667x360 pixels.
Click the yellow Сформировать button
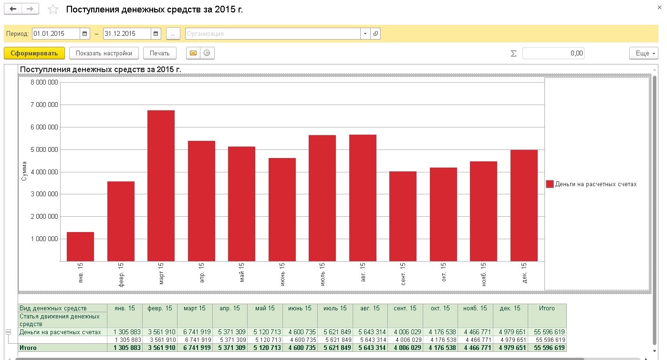pyautogui.click(x=34, y=53)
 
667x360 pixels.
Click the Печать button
pyautogui.click(x=160, y=53)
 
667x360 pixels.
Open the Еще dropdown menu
pyautogui.click(x=644, y=53)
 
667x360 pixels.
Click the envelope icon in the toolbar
pyautogui.click(x=193, y=53)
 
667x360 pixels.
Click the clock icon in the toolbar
pyautogui.click(x=207, y=53)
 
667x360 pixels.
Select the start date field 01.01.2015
pyautogui.click(x=56, y=34)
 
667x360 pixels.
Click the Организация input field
pyautogui.click(x=272, y=34)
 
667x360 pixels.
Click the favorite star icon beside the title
pyautogui.click(x=53, y=10)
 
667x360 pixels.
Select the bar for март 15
pyautogui.click(x=161, y=186)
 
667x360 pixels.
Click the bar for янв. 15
pyautogui.click(x=81, y=246)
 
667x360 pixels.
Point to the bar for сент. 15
pyautogui.click(x=403, y=216)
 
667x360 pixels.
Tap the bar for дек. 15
pyautogui.click(x=524, y=205)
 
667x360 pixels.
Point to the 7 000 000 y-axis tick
pyautogui.click(x=44, y=105)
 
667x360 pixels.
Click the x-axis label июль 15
pyautogui.click(x=323, y=274)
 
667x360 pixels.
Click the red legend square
pyautogui.click(x=550, y=184)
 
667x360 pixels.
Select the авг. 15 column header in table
pyautogui.click(x=370, y=308)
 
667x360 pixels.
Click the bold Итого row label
pyautogui.click(x=28, y=348)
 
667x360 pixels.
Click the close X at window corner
pyautogui.click(x=659, y=8)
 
